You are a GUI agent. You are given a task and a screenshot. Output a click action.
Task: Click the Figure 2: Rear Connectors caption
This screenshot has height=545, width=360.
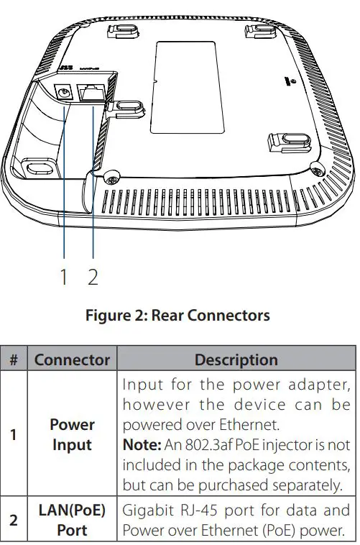point(177,315)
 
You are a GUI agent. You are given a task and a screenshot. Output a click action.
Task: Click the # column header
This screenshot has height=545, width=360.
point(14,359)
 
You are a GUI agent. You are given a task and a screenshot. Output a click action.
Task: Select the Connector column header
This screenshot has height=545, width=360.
point(72,359)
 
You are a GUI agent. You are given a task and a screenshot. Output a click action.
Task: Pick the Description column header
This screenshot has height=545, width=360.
point(236,359)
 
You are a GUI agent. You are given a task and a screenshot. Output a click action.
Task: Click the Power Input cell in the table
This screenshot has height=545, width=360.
point(72,435)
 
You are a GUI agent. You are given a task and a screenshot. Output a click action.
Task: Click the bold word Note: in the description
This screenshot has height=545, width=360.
point(141,444)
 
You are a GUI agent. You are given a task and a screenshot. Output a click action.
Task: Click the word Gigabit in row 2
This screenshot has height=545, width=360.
point(147,511)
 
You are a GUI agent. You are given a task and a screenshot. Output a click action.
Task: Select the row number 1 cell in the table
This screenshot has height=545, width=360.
point(14,435)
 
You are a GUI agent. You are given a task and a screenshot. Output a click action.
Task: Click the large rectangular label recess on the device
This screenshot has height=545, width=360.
point(185,86)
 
